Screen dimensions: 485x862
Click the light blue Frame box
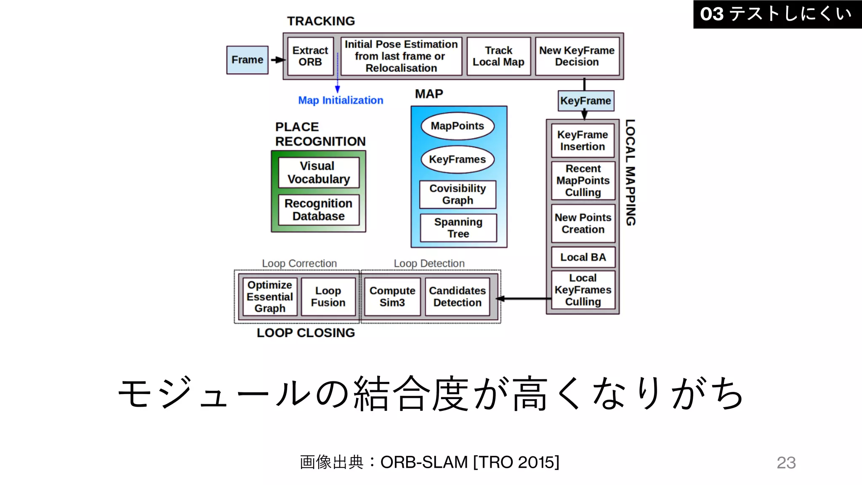tap(247, 60)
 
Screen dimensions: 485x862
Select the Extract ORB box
tap(310, 56)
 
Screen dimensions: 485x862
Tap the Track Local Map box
tap(498, 56)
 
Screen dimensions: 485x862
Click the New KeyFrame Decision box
tap(577, 56)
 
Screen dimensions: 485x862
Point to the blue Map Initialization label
tap(341, 100)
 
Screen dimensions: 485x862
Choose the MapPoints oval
tap(458, 126)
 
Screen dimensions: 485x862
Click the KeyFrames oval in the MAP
tap(458, 160)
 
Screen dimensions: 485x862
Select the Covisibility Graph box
tap(458, 194)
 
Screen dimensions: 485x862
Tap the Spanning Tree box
tap(458, 228)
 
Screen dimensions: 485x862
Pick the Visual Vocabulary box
tap(319, 173)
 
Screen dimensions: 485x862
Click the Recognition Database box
tap(319, 210)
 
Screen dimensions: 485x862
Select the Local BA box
tap(583, 257)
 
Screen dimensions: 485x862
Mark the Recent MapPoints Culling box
tap(583, 181)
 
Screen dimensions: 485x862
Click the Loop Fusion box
tap(328, 296)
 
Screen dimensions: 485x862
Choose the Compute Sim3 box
tap(392, 296)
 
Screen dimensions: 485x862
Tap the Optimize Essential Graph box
tap(270, 296)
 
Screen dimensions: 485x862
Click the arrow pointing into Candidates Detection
tap(522, 298)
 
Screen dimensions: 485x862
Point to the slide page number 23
tap(786, 463)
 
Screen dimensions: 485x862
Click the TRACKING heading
tap(321, 21)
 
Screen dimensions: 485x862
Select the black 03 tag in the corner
tap(777, 14)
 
